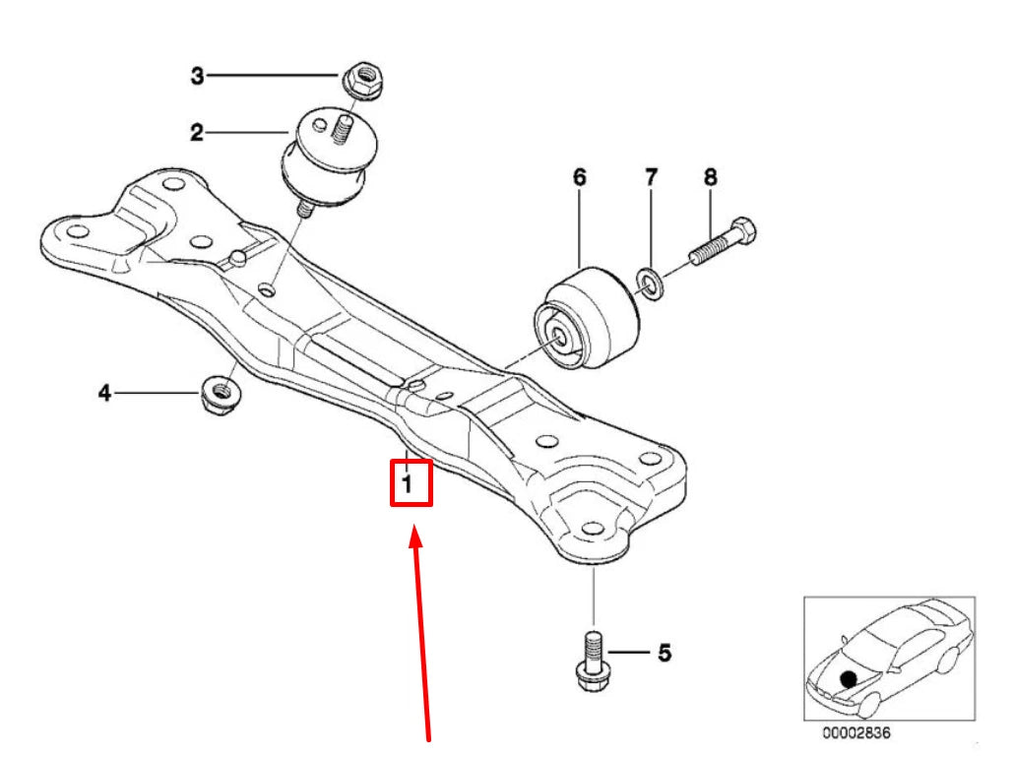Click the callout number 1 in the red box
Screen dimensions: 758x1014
click(x=406, y=483)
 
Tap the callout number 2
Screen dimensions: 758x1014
click(x=197, y=132)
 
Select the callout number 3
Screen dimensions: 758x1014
click(x=197, y=75)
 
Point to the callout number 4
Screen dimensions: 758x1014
click(x=104, y=394)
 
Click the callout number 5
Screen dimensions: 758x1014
click(x=665, y=652)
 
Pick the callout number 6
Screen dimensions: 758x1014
click(x=579, y=177)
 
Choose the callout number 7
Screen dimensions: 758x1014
click(x=651, y=177)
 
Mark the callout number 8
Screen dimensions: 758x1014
click(x=710, y=177)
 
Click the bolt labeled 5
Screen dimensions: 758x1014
click(x=593, y=660)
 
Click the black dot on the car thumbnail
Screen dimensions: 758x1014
click(x=848, y=678)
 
